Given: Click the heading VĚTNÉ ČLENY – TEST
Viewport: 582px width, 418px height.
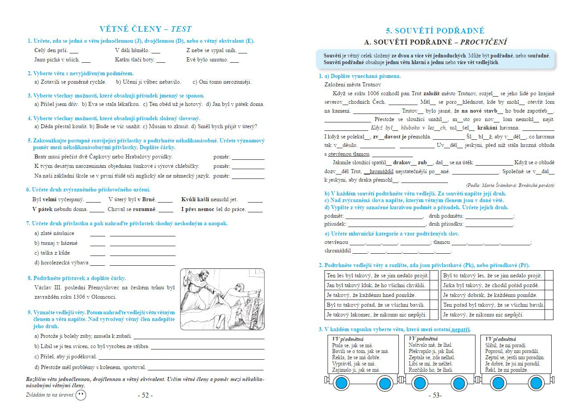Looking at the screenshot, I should click(x=145, y=29).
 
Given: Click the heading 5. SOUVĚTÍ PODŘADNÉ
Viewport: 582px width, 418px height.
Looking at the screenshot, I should click(x=435, y=31).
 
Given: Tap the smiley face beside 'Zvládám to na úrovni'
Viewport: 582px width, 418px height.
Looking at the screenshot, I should click(x=81, y=395).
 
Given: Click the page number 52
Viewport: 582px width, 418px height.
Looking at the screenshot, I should click(x=145, y=395).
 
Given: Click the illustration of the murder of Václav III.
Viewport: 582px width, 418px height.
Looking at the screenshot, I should click(x=222, y=299).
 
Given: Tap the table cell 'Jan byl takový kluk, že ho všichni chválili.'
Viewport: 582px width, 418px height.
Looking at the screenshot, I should click(x=376, y=285).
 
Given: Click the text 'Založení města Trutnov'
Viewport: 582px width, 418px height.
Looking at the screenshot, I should click(x=350, y=85).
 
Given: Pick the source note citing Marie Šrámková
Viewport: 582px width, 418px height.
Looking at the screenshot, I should click(x=510, y=185).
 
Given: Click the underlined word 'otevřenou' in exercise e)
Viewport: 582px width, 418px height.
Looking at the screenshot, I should click(x=336, y=242).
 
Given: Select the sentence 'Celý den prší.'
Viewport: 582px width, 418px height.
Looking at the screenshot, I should click(x=51, y=50).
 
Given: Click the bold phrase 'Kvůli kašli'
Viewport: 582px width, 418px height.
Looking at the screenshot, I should click(x=195, y=199).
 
